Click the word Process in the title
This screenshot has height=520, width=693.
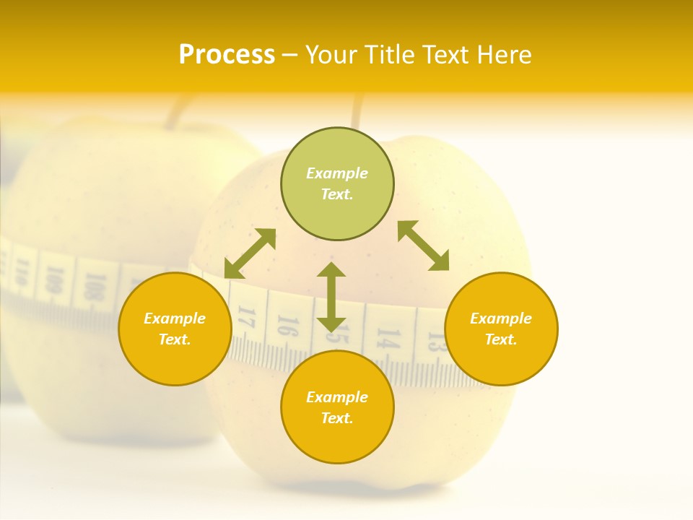pos(227,55)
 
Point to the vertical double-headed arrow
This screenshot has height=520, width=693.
pos(331,297)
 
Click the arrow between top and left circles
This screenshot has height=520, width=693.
pos(250,253)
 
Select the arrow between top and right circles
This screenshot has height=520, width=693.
pos(424,246)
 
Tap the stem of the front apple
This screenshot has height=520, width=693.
pos(356,113)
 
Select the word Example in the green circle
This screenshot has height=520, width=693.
pos(337,173)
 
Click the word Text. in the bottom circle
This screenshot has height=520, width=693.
pos(337,418)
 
